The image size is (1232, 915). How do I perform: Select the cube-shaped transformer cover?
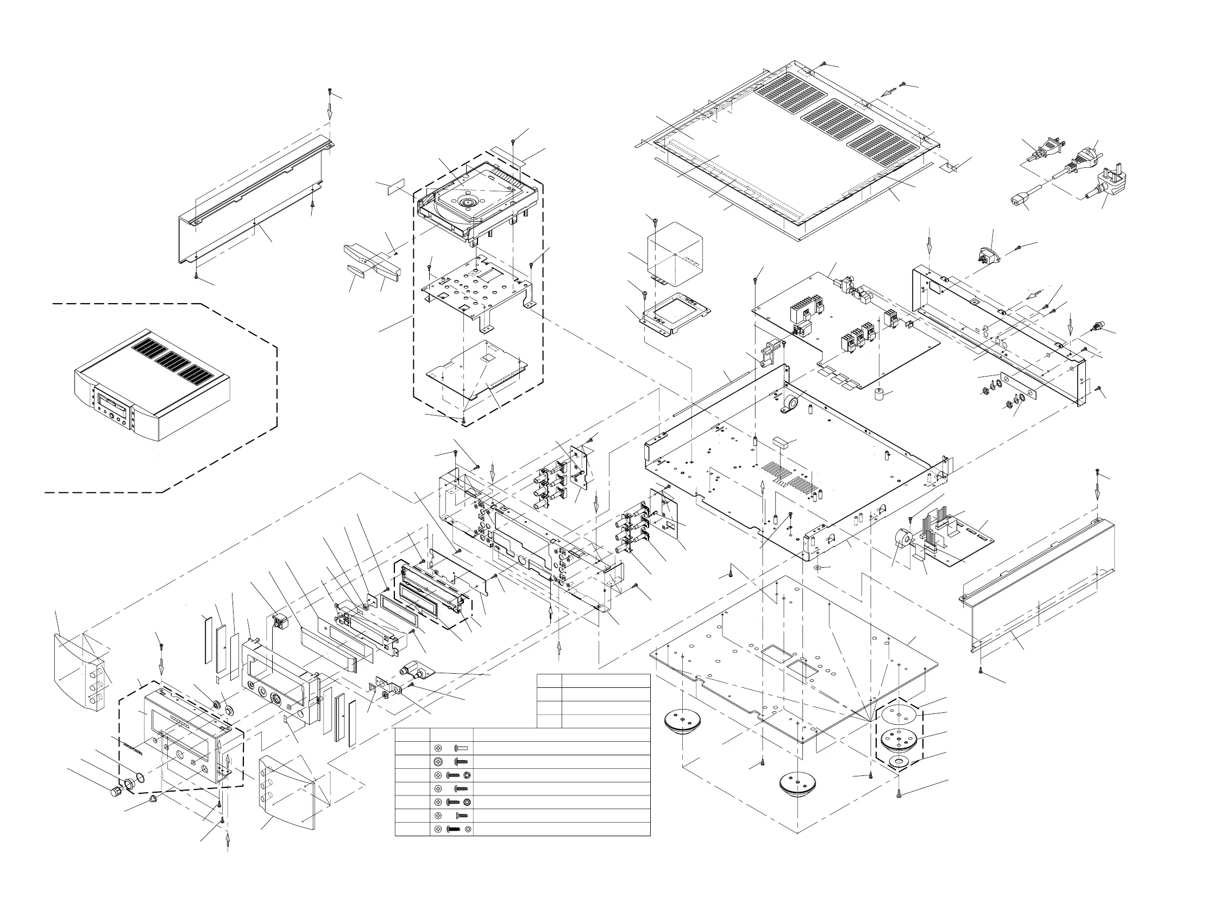point(675,252)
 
